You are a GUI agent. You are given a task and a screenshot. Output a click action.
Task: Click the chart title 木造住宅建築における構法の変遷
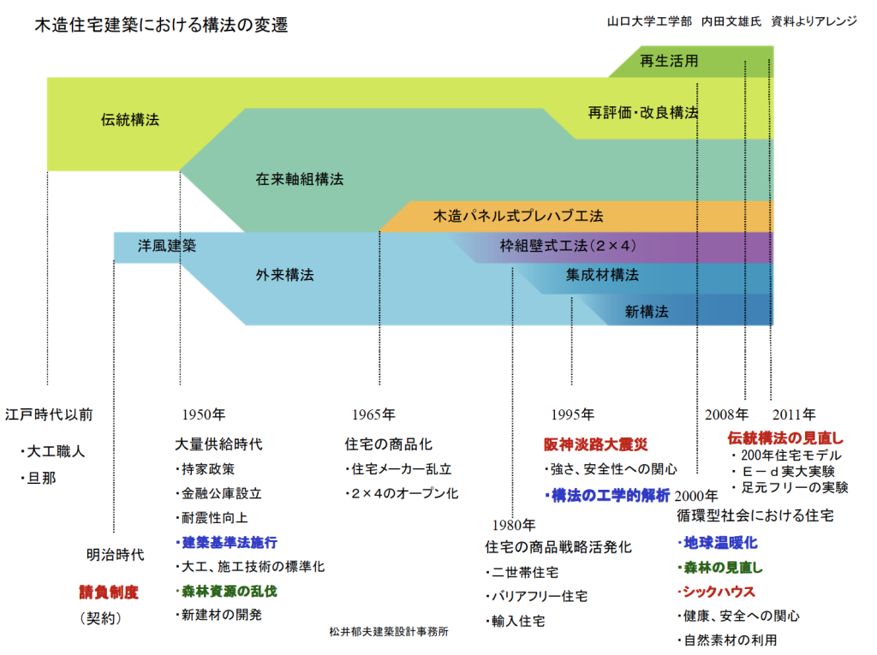pos(161,25)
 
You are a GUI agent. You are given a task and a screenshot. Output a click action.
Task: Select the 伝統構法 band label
pos(130,120)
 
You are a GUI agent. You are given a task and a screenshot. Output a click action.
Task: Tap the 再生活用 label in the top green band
pos(669,61)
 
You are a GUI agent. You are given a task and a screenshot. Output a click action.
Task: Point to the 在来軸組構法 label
pos(300,179)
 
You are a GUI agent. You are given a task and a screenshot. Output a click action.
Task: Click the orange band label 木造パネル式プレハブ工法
pos(518,216)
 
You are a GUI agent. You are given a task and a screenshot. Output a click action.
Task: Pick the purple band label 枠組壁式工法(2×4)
pos(568,246)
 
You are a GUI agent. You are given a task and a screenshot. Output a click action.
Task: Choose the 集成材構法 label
pos(602,275)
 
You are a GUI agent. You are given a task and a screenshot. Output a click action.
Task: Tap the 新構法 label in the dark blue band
pos(647,312)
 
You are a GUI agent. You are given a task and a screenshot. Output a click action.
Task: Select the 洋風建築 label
pos(167,246)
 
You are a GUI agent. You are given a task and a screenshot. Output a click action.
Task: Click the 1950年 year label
pos(204,414)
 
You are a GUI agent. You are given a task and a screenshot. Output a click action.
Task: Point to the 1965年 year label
pos(373,414)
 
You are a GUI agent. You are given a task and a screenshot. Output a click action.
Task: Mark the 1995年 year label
pos(573,414)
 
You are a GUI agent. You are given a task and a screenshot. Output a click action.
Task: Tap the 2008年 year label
pos(726,414)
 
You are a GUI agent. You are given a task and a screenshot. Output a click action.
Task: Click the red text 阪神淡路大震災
pos(596,444)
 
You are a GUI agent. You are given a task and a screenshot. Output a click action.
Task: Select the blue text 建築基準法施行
pos(226,542)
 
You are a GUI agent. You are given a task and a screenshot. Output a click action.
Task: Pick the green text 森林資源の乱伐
pos(226,592)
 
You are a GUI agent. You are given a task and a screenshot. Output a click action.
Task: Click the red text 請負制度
pos(109,592)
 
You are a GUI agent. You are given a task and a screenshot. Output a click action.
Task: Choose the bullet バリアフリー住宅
pos(536,596)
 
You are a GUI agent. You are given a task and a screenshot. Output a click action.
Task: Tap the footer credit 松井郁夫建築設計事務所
pos(389,632)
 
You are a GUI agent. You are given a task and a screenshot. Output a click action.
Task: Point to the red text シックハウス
pos(717,592)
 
